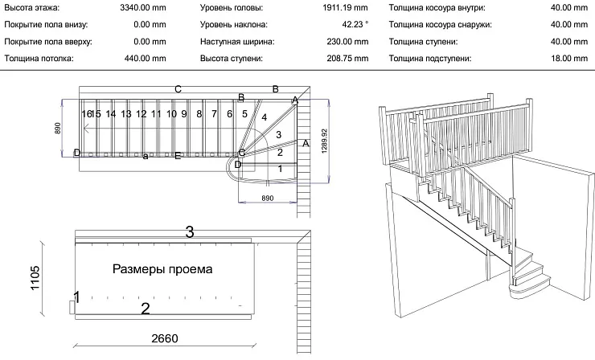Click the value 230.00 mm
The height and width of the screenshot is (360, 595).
pyautogui.click(x=346, y=41)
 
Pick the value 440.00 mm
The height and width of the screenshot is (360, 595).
pyautogui.click(x=144, y=58)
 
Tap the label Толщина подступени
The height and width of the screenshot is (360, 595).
pyautogui.click(x=430, y=58)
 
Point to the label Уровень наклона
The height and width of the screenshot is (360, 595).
pyautogui.click(x=234, y=24)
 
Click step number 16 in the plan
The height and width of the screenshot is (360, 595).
pyautogui.click(x=86, y=114)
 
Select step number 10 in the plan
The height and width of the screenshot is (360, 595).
pyautogui.click(x=171, y=114)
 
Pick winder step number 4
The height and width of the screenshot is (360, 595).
pyautogui.click(x=265, y=117)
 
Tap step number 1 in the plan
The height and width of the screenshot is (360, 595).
pyautogui.click(x=279, y=169)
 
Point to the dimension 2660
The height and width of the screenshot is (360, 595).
pyautogui.click(x=164, y=337)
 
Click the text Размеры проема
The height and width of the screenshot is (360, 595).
pyautogui.click(x=162, y=269)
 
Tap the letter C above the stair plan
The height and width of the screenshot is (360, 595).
pyautogui.click(x=178, y=88)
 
